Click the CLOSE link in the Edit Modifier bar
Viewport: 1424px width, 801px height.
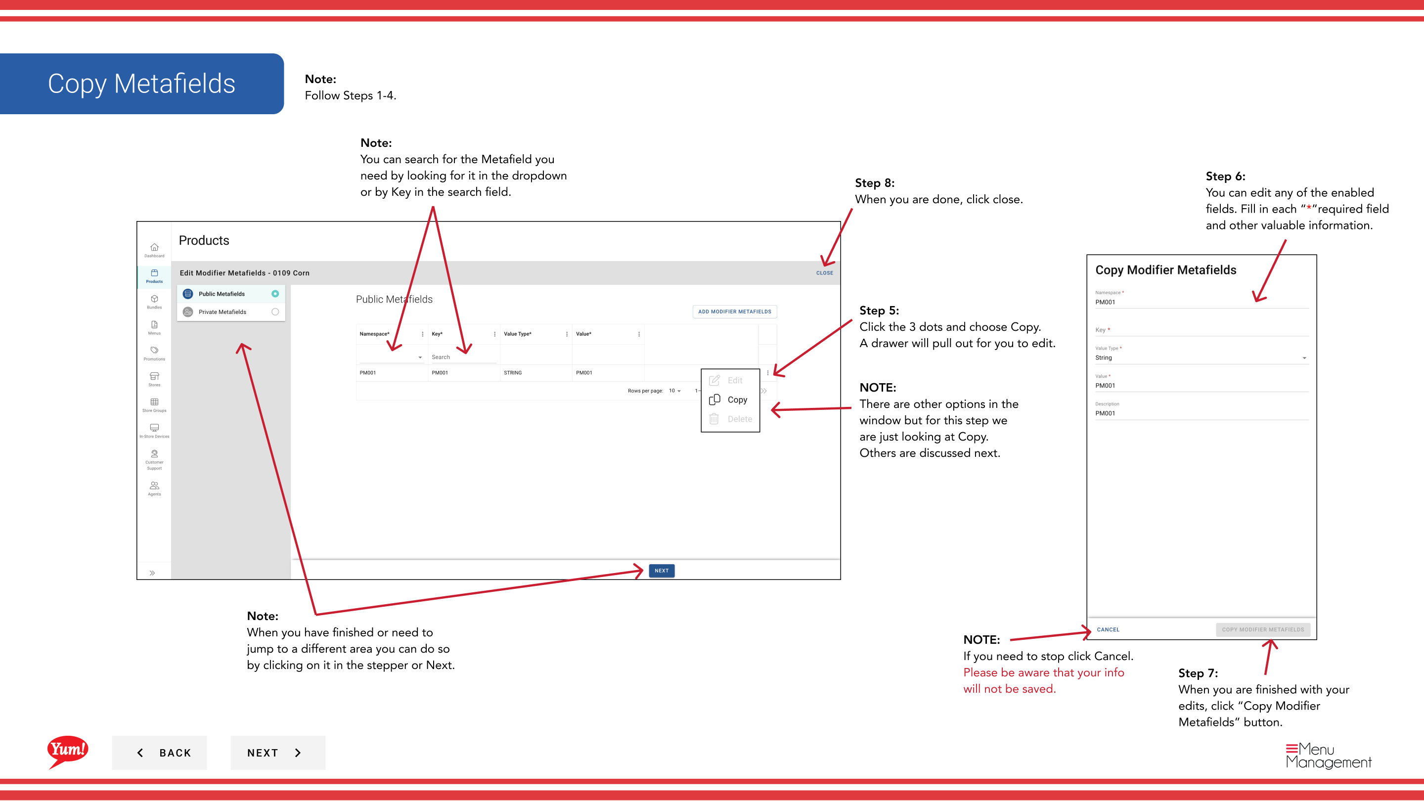824,273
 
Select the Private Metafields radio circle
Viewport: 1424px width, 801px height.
275,312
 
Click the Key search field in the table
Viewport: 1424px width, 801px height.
463,357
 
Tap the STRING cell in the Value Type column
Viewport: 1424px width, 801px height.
512,373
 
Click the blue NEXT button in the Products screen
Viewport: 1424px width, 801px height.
662,571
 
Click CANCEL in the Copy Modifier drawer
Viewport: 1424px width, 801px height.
1108,629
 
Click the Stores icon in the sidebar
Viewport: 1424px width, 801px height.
154,376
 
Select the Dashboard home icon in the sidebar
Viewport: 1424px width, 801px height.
154,247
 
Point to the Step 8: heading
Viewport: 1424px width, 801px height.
875,183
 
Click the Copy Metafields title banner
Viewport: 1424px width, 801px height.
142,84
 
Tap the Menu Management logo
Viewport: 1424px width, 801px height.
1329,756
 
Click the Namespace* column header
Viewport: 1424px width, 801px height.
374,334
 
